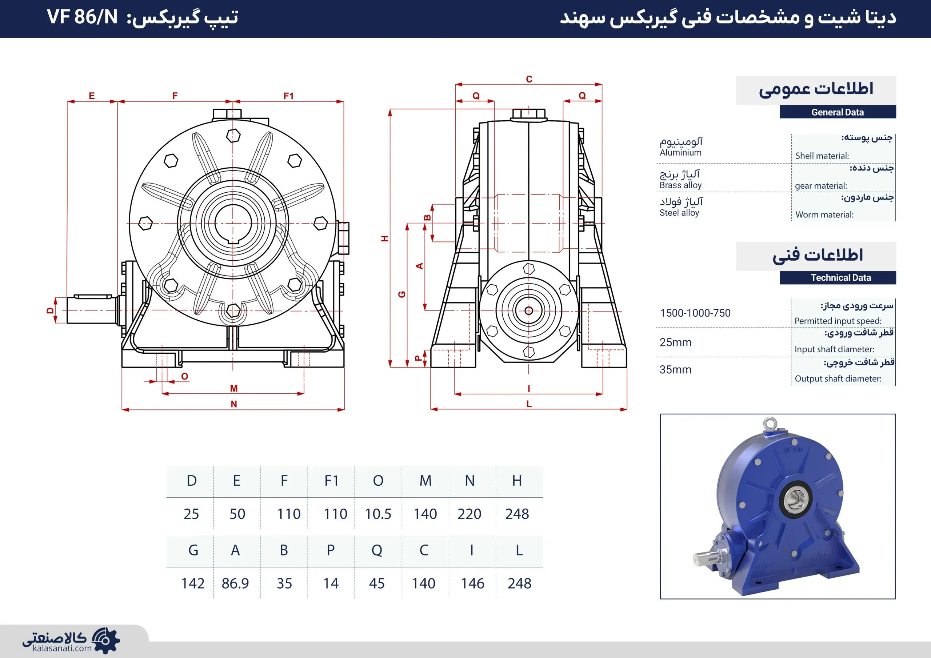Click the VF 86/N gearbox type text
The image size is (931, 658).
82,17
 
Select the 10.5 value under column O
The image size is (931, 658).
378,514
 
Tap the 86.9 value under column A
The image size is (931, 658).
235,583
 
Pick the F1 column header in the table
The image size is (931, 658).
331,481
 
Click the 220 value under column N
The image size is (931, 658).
469,514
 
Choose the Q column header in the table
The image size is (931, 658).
377,550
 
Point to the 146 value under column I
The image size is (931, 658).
472,583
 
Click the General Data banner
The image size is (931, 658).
838,112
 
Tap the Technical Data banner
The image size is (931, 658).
838,278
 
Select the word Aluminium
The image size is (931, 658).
680,152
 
